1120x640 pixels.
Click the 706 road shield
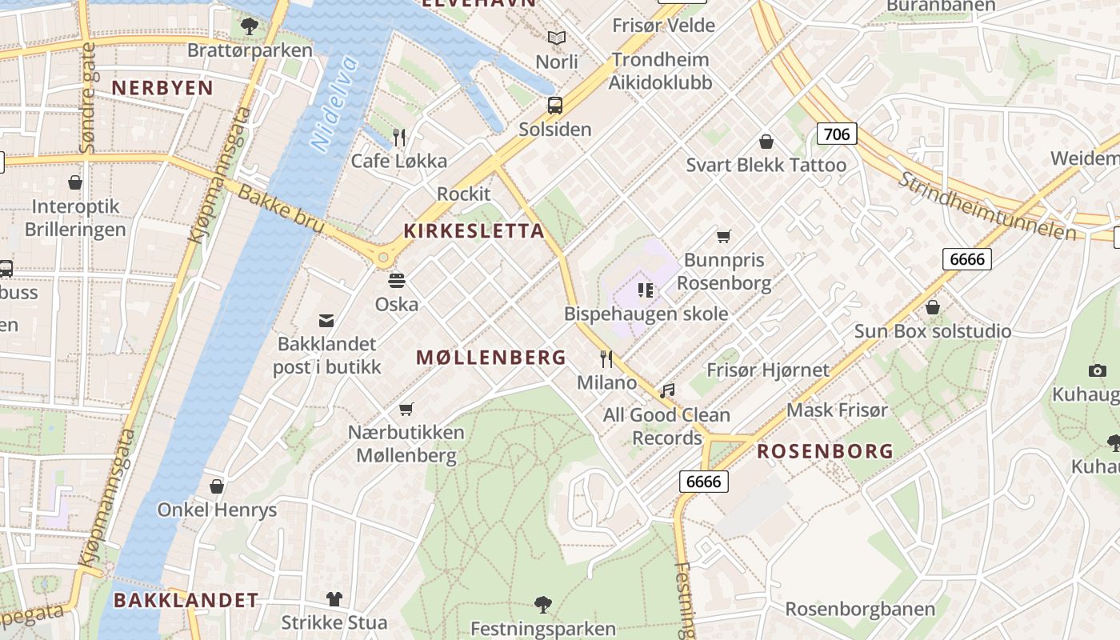pos(837,134)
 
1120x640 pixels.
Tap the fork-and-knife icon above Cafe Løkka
pos(400,138)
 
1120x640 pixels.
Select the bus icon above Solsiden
pos(554,105)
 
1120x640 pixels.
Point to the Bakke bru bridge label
pos(280,210)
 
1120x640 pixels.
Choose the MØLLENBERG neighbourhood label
pos(491,358)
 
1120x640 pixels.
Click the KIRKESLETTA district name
pos(474,231)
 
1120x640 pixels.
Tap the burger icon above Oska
pos(397,281)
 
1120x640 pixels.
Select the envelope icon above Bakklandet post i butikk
pos(326,321)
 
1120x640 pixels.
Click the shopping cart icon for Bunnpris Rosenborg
pos(724,236)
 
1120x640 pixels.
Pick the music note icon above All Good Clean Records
pos(667,391)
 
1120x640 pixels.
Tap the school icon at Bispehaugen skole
pos(646,290)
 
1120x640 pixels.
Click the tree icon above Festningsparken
pos(543,604)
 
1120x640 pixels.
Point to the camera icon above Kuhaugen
pos(1098,370)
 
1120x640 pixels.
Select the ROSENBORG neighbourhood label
pos(825,451)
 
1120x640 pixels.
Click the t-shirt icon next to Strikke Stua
pos(334,598)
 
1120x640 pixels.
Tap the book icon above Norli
pos(556,38)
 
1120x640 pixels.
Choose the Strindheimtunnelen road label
pos(986,206)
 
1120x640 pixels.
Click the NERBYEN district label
pos(162,88)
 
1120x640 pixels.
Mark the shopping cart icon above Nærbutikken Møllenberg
pos(406,409)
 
